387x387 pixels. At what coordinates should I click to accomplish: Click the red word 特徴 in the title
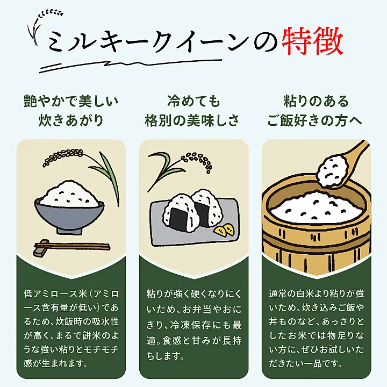[x=313, y=41]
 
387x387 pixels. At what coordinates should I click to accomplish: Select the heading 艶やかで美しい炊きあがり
[x=71, y=111]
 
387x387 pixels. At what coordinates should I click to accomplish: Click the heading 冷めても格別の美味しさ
[x=192, y=111]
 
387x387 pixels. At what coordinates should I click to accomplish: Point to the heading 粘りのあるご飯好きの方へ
[x=316, y=111]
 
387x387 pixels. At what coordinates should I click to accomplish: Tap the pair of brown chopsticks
[x=72, y=246]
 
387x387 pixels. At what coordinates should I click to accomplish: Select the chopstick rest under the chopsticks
[x=41, y=248]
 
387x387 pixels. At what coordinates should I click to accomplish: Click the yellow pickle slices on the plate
[x=224, y=230]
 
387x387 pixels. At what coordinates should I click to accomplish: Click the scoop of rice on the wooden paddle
[x=332, y=170]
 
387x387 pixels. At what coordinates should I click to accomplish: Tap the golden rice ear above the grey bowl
[x=63, y=156]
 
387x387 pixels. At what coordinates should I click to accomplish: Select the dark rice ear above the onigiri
[x=197, y=162]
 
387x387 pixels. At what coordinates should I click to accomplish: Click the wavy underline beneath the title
[x=130, y=66]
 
